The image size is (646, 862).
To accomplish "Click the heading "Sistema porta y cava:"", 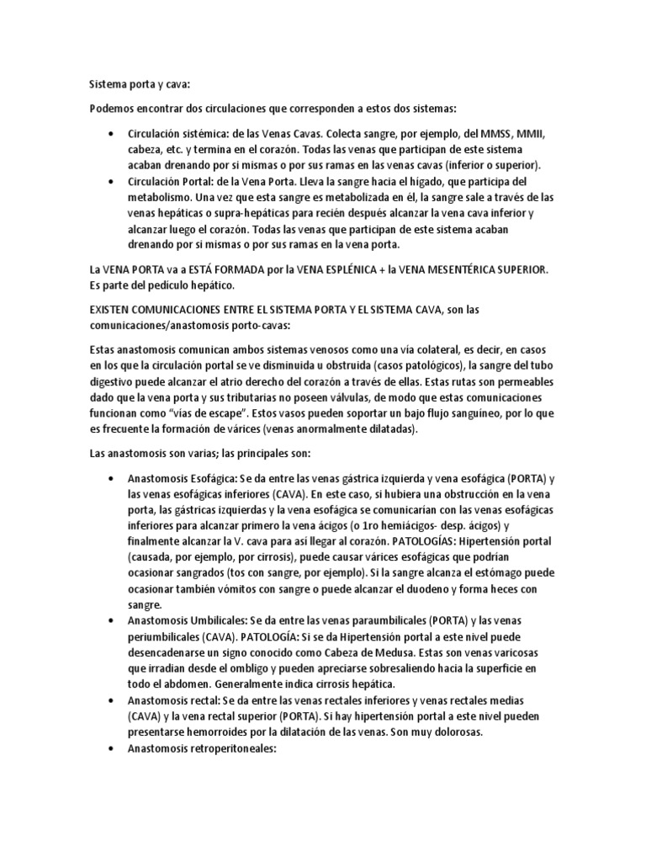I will tap(138, 84).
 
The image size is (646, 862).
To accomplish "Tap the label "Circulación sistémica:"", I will tap(178, 133).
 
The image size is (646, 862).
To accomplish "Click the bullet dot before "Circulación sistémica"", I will tap(113, 134).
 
